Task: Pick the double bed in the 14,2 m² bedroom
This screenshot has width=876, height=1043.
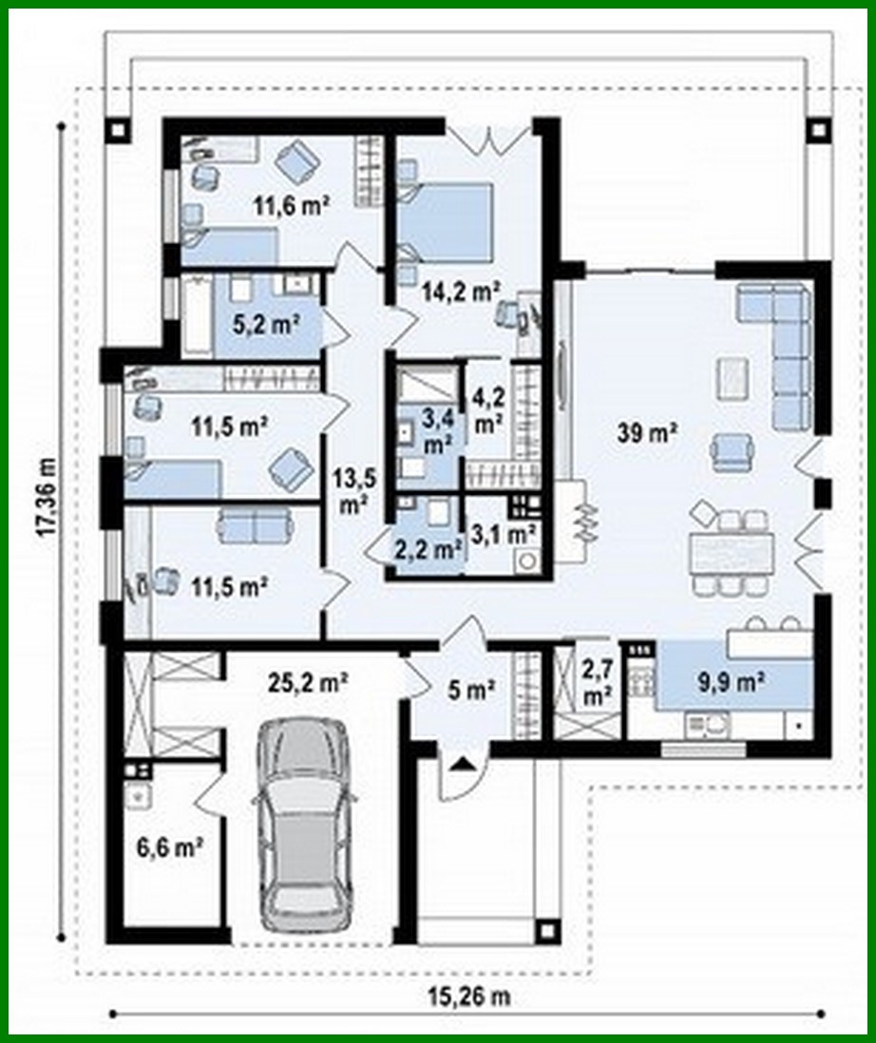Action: (445, 220)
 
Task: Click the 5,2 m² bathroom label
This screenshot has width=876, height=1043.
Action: (267, 323)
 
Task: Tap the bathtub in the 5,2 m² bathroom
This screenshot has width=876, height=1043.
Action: (196, 316)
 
